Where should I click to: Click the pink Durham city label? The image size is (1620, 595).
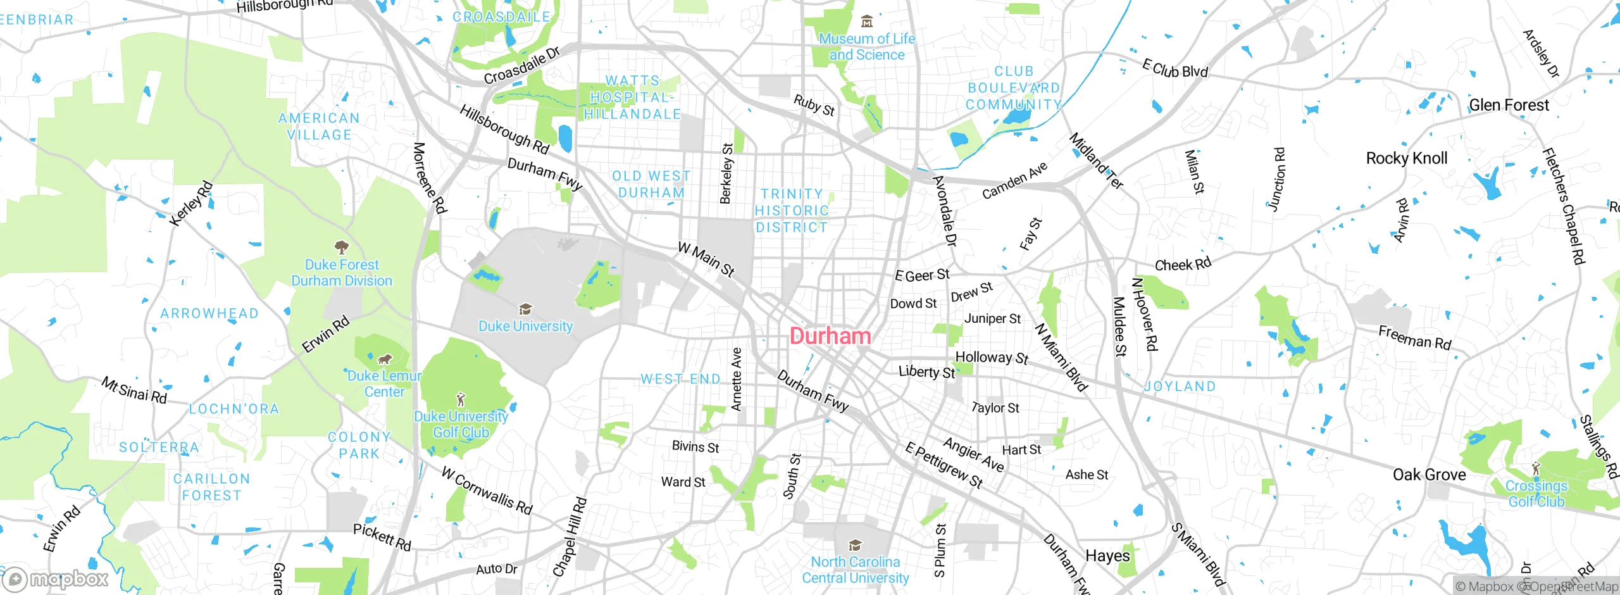[x=830, y=336]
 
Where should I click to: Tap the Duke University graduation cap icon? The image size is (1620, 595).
[x=525, y=310]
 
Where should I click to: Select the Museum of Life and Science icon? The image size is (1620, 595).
[x=867, y=22]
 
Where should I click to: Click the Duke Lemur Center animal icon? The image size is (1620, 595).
[x=384, y=360]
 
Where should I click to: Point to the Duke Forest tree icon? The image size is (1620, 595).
[x=342, y=247]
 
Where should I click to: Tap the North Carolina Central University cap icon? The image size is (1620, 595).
[x=855, y=546]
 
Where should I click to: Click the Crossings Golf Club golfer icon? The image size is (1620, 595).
[x=1536, y=470]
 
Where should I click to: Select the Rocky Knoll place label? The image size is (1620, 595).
[x=1406, y=158]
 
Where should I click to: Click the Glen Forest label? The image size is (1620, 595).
[x=1509, y=105]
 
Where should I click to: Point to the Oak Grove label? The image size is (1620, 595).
[x=1429, y=475]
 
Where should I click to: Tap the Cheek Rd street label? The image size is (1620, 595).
[x=1183, y=264]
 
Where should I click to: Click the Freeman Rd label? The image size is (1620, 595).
[x=1414, y=338]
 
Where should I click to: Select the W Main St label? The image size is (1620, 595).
[x=706, y=259]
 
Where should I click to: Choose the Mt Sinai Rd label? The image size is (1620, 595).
[x=134, y=391]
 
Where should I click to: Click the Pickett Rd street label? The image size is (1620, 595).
[x=382, y=537]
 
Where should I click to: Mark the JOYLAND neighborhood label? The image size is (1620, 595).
[x=1180, y=386]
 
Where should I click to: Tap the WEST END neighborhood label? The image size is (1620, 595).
[x=680, y=379]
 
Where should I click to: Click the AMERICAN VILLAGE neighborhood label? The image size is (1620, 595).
[x=319, y=127]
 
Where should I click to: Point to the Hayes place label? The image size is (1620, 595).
[x=1107, y=556]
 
